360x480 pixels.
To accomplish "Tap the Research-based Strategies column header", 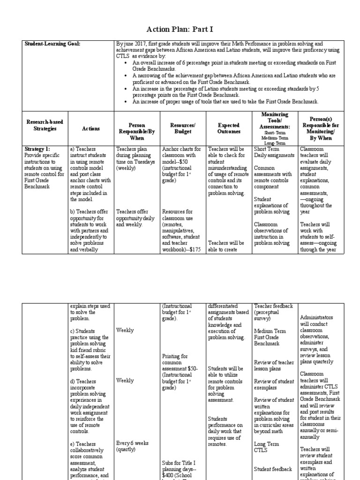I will pos(45,125).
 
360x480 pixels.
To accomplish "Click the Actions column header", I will pos(91,128).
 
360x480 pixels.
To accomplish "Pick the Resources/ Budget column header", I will pos(183,128).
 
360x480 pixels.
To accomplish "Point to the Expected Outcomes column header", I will pos(229,128).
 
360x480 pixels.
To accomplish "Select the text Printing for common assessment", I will pos(179,362).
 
